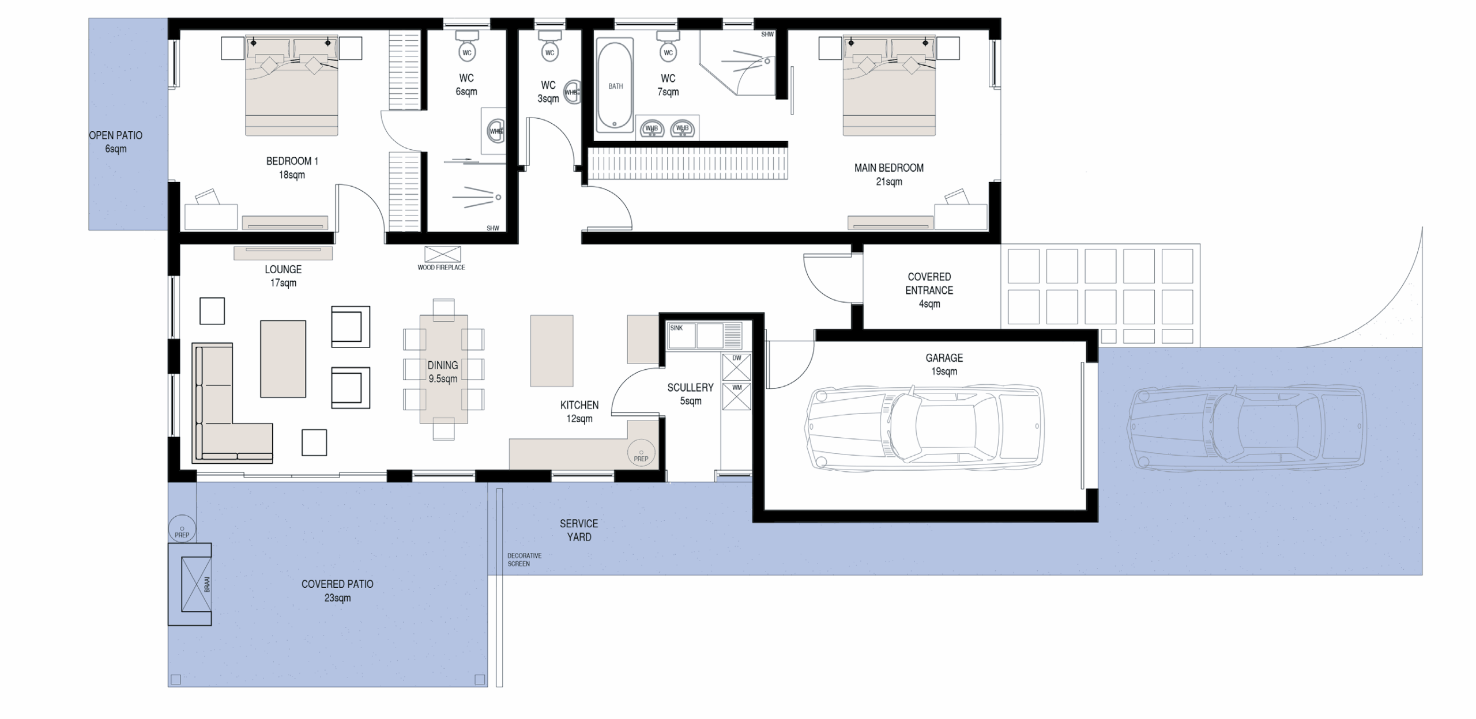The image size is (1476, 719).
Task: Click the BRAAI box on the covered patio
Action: [190, 584]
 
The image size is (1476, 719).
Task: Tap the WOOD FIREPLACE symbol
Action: [443, 254]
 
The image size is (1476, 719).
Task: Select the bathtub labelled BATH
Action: [615, 85]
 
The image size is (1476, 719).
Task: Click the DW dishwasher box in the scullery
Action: [737, 367]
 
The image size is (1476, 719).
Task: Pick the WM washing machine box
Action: [737, 396]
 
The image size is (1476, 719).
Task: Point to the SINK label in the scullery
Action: [676, 328]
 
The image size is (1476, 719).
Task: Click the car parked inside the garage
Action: [924, 427]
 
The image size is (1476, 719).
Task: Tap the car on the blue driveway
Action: [1247, 427]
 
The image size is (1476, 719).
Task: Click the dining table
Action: [443, 369]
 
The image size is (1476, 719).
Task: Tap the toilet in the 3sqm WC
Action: [549, 46]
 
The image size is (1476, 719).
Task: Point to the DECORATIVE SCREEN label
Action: [524, 560]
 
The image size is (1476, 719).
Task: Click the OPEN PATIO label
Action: [115, 142]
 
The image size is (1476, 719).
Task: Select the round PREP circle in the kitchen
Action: [641, 453]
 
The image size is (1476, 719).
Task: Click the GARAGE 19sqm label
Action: [944, 365]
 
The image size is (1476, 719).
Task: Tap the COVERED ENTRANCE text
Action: [929, 283]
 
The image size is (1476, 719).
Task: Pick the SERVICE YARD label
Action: [579, 530]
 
